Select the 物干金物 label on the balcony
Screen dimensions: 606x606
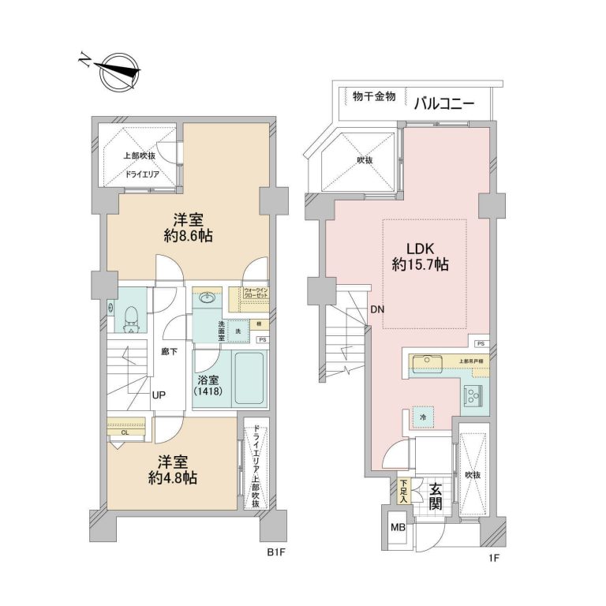click(374, 97)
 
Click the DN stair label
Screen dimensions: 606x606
click(377, 309)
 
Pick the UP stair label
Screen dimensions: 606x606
click(159, 395)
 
